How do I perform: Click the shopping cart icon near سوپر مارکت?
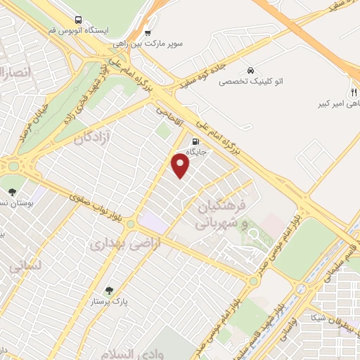[147, 32]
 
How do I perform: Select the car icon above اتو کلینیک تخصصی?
[250, 70]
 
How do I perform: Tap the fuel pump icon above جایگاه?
[195, 140]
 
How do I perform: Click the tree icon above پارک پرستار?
[108, 290]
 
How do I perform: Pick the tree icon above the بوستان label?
[12, 191]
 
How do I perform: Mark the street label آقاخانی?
[168, 111]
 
